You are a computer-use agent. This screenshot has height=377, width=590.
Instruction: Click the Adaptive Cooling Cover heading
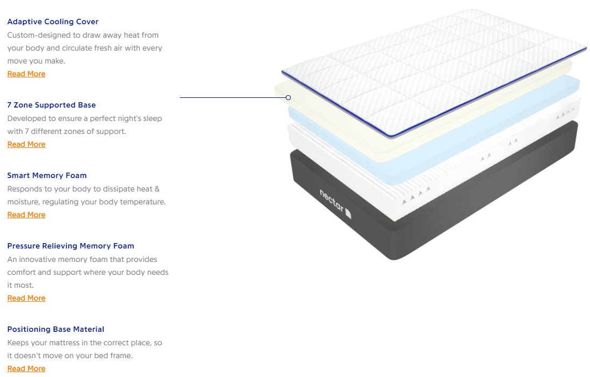(x=53, y=22)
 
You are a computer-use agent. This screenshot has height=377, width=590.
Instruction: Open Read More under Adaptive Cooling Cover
(x=26, y=74)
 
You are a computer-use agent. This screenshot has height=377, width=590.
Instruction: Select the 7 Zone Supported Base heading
(x=51, y=105)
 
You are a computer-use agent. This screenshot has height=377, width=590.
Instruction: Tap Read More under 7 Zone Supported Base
(x=26, y=144)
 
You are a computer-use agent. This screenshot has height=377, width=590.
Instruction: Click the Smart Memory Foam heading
(x=47, y=175)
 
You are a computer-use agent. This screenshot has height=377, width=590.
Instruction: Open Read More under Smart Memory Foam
(x=26, y=215)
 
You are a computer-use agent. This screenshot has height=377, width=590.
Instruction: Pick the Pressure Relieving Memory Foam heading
(x=71, y=246)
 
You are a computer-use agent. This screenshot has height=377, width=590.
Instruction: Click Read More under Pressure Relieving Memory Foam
(x=26, y=298)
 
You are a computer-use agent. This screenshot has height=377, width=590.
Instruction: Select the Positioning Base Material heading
(x=55, y=329)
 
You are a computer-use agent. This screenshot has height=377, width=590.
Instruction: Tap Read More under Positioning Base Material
(x=26, y=368)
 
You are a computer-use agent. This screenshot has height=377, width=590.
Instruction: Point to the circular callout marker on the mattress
(x=289, y=97)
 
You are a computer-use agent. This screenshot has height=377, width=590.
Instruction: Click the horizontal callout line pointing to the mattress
(x=231, y=97)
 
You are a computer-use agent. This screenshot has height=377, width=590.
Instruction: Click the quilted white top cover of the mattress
(x=431, y=70)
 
